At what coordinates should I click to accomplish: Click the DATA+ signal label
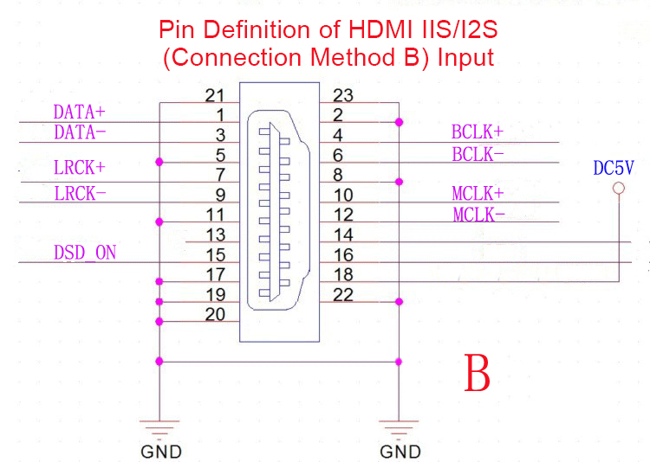[79, 112]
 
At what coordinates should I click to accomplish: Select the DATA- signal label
[79, 132]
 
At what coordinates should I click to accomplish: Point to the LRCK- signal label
[80, 194]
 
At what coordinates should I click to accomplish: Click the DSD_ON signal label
[85, 253]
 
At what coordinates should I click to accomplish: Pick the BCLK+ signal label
[478, 132]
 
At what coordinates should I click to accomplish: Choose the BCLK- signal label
[478, 154]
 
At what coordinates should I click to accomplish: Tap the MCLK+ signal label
[478, 193]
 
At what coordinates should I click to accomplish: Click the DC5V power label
[614, 168]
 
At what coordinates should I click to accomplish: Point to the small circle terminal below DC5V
[618, 188]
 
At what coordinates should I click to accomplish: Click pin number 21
[216, 95]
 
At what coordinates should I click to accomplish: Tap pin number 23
[343, 95]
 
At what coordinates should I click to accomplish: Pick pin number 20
[216, 314]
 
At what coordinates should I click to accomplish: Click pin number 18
[343, 275]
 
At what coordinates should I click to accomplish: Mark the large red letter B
[478, 373]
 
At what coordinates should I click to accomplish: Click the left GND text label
[161, 451]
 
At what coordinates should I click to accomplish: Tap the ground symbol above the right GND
[399, 427]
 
